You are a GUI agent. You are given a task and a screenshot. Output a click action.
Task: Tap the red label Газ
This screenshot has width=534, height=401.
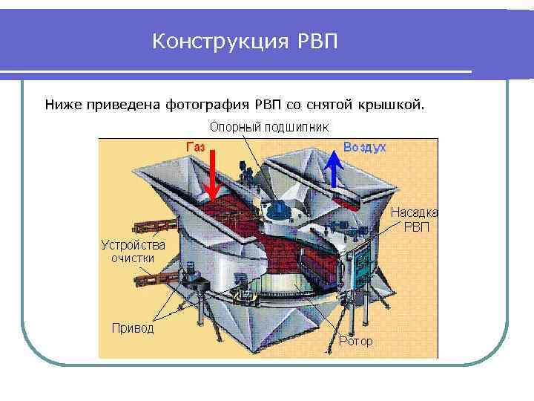pyautogui.click(x=195, y=146)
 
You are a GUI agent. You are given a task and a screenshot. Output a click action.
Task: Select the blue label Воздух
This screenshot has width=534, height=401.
pyautogui.click(x=363, y=147)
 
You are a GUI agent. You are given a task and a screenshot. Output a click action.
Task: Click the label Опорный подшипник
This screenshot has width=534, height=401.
pyautogui.click(x=269, y=127)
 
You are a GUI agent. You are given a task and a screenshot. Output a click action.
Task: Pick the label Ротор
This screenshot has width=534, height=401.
pyautogui.click(x=355, y=342)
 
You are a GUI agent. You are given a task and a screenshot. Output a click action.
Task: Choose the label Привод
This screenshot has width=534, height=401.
pyautogui.click(x=132, y=327)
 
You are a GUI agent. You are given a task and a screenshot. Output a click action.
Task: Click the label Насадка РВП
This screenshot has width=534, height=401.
pyautogui.click(x=415, y=218)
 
